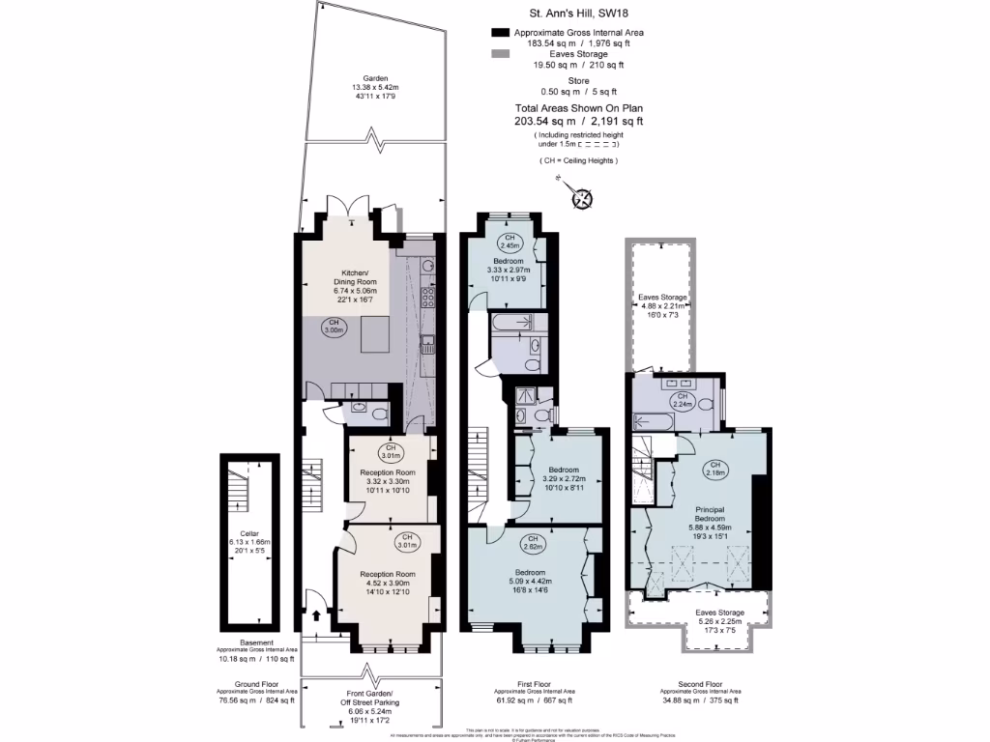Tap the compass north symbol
point(583,199)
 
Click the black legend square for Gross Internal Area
point(499,33)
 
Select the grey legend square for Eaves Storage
point(499,54)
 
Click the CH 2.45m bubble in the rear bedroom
point(509,243)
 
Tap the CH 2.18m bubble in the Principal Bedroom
point(715,470)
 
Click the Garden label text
point(375,79)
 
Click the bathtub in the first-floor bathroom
point(516,322)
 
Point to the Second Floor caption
point(700,684)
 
